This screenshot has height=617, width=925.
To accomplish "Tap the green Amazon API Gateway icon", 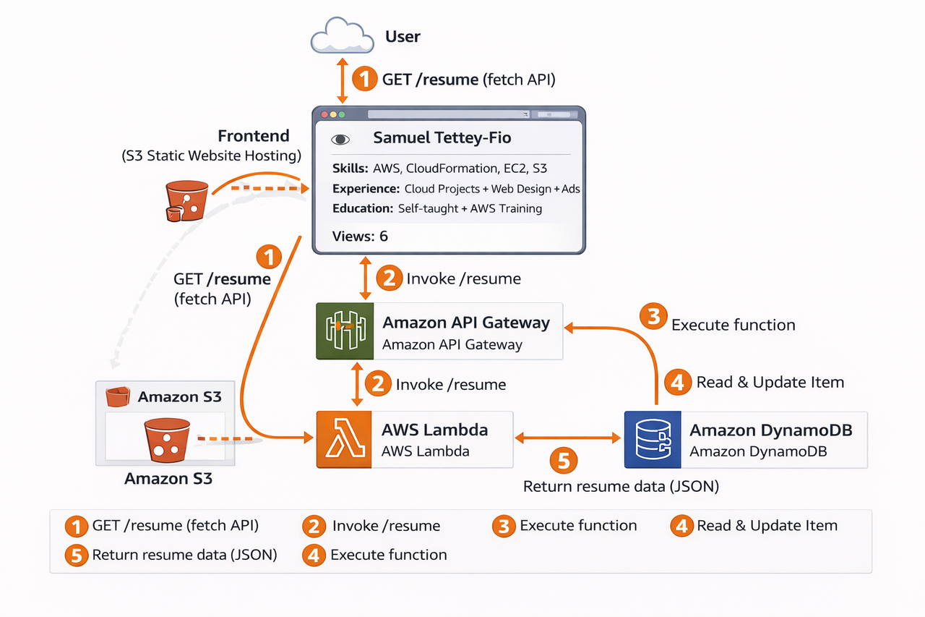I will (345, 331).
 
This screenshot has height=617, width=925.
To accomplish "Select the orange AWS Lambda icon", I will (345, 440).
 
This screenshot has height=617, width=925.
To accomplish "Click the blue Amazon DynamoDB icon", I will (653, 440).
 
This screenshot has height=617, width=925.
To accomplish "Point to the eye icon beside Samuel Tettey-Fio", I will (340, 140).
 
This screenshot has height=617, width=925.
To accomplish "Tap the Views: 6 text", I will (360, 236).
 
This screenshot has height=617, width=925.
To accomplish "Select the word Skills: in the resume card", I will (350, 169).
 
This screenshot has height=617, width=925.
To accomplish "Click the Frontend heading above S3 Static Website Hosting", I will (254, 136).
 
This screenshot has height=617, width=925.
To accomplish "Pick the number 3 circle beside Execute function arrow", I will (653, 316).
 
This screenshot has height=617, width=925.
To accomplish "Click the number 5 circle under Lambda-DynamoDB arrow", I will (564, 461).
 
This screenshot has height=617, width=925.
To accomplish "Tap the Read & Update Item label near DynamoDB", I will (770, 382).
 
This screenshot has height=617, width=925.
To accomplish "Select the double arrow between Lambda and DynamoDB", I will (568, 438).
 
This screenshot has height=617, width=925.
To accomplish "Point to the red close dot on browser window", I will (324, 114).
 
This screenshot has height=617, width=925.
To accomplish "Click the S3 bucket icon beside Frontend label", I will (186, 200).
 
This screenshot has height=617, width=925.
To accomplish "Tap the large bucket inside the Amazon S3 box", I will (166, 440).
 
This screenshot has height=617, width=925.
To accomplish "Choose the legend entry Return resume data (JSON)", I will (184, 555).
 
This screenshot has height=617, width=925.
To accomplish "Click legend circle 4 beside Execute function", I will (314, 556).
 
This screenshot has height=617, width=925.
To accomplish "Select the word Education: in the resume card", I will (363, 208).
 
